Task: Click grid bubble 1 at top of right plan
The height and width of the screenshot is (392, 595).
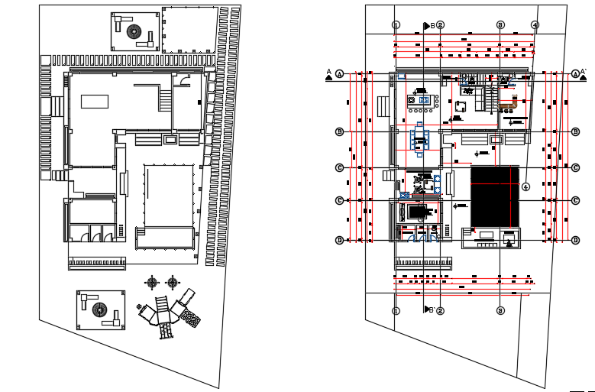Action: pyautogui.click(x=396, y=24)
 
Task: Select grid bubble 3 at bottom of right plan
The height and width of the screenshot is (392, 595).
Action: pyautogui.click(x=500, y=311)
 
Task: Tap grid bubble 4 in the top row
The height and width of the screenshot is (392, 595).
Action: pyautogui.click(x=535, y=24)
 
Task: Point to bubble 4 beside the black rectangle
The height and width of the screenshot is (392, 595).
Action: pyautogui.click(x=525, y=186)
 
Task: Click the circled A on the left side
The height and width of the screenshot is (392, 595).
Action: pyautogui.click(x=340, y=73)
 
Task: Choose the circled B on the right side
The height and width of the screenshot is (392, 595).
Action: pyautogui.click(x=575, y=131)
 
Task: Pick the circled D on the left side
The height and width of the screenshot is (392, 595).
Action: pyautogui.click(x=340, y=240)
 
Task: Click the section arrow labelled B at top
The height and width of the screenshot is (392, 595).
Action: pyautogui.click(x=428, y=26)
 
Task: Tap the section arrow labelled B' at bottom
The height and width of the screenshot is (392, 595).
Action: pyautogui.click(x=428, y=309)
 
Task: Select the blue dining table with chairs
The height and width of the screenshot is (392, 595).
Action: pyautogui.click(x=420, y=138)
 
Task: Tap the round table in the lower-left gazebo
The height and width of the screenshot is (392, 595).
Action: pyautogui.click(x=98, y=309)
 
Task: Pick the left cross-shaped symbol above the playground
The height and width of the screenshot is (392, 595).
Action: pyautogui.click(x=150, y=283)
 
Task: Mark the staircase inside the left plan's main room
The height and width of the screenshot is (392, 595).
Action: pyautogui.click(x=166, y=99)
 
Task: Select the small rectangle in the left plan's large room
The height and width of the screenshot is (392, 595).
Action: pyautogui.click(x=95, y=102)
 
